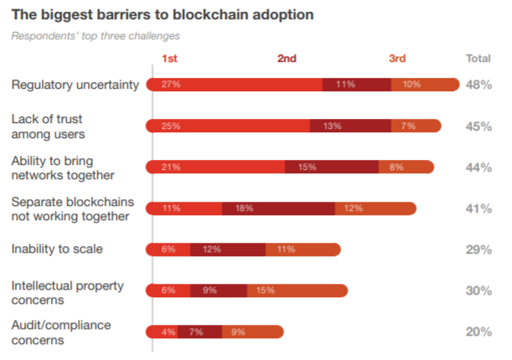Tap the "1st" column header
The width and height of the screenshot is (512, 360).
pyautogui.click(x=170, y=59)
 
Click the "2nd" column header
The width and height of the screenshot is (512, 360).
pyautogui.click(x=287, y=59)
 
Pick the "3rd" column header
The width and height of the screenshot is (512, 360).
pyautogui.click(x=397, y=59)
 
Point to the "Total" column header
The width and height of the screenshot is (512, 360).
pyautogui.click(x=478, y=59)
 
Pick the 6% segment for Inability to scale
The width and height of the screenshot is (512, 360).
pyautogui.click(x=168, y=249)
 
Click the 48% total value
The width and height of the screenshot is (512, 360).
pyautogui.click(x=478, y=85)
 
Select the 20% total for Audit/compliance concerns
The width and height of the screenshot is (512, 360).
pyautogui.click(x=478, y=332)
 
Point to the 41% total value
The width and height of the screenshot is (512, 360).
pyautogui.click(x=478, y=208)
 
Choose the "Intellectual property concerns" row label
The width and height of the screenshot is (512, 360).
pyautogui.click(x=66, y=291)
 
